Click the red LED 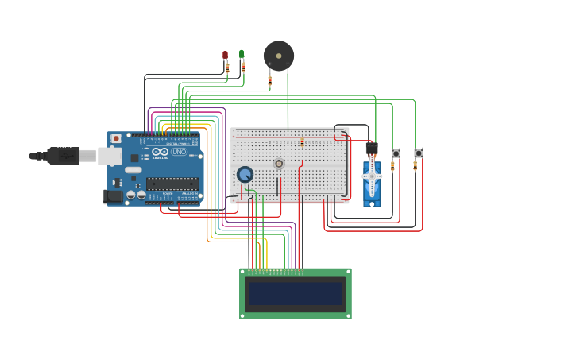coord(225,56)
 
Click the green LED coord(242,55)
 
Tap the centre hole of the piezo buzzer coord(279,56)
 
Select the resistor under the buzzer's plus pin coord(269,79)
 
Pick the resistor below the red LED coord(227,68)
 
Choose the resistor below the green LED coord(243,68)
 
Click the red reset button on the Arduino coord(116,138)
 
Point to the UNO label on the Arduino coord(179,151)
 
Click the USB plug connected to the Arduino coord(64,156)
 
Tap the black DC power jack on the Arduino coord(113,195)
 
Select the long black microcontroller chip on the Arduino coord(172,184)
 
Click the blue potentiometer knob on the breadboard coord(245,174)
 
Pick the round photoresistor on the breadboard coord(279,164)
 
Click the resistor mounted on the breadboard coord(302,142)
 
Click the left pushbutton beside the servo coord(396,153)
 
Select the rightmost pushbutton coord(419,153)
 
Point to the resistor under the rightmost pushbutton coord(415,165)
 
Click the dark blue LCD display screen coord(295,293)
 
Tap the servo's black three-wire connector coord(371,149)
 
